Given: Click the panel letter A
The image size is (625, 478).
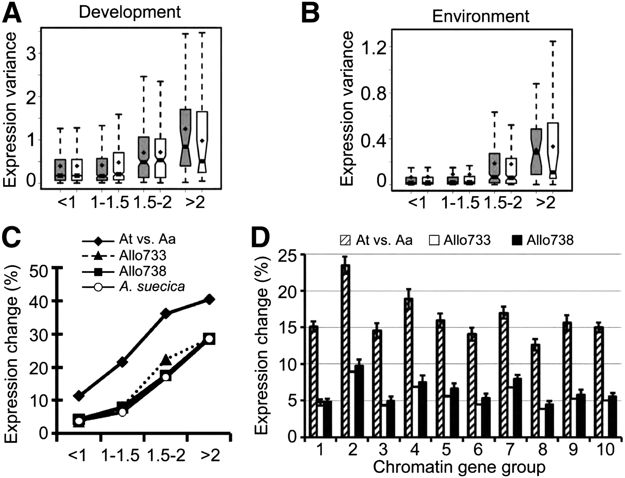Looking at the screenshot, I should pyautogui.click(x=12, y=13).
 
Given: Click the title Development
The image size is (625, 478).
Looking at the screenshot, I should pyautogui.click(x=130, y=12).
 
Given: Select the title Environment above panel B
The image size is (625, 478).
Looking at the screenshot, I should pyautogui.click(x=481, y=16).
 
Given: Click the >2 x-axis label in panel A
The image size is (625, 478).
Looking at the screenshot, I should pyautogui.click(x=195, y=202).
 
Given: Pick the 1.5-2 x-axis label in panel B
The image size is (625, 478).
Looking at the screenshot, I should pyautogui.click(x=503, y=202).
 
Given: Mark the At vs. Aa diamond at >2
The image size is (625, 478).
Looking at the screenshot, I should pyautogui.click(x=209, y=299).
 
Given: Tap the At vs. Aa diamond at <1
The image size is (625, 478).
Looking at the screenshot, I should pyautogui.click(x=79, y=395).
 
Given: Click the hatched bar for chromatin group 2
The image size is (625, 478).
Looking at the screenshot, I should pyautogui.click(x=345, y=351).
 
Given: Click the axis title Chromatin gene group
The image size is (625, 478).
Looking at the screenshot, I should pyautogui.click(x=459, y=467).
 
